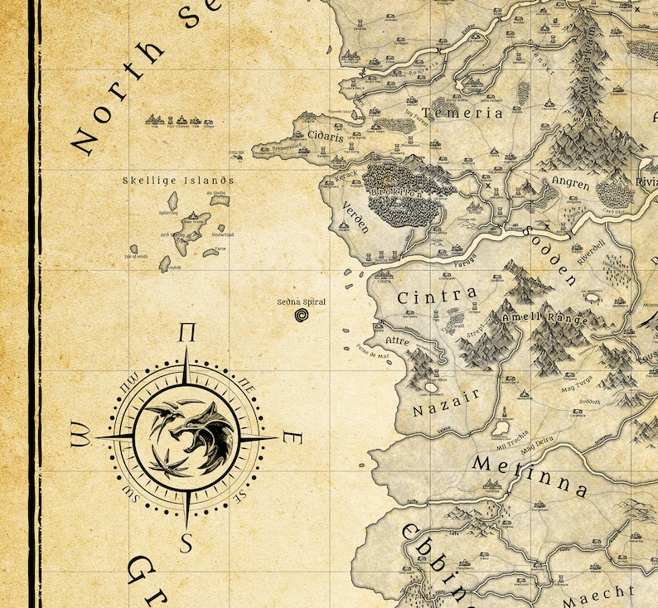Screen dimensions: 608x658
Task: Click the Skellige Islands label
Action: [178, 181]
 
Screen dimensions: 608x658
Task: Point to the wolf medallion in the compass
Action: [186, 437]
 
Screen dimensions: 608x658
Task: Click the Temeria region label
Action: [462, 113]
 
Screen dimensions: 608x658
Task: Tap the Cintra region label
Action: [437, 296]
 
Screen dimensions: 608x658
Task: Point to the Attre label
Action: [399, 340]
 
